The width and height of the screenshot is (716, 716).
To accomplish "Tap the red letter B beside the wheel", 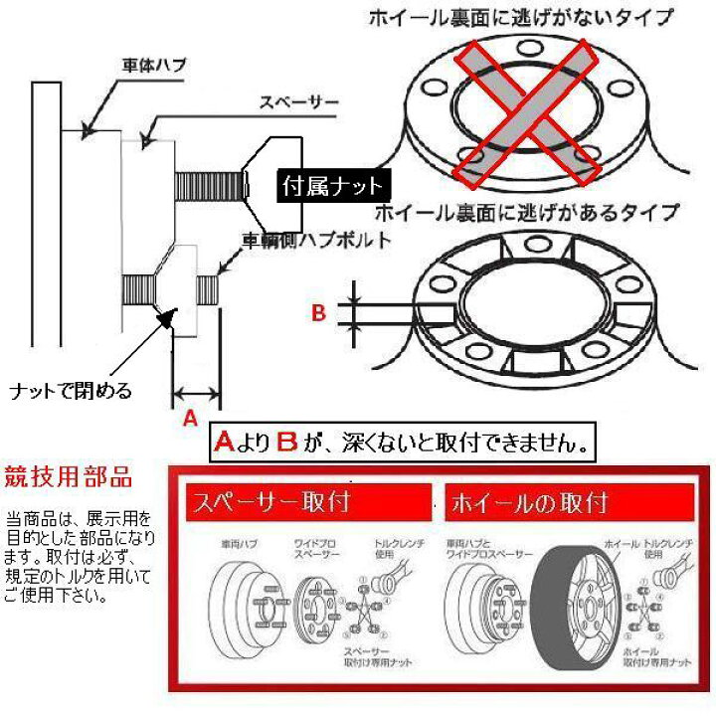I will (x=319, y=312).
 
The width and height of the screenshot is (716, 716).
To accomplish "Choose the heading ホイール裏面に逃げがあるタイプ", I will (x=527, y=212).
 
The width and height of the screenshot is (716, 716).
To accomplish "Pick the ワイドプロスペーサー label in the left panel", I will (x=309, y=549).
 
